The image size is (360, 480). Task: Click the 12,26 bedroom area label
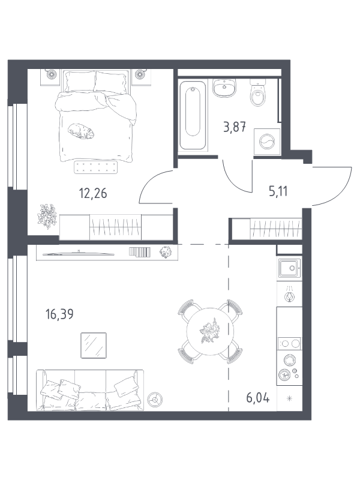pyautogui.click(x=93, y=193)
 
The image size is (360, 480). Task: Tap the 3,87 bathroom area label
pyautogui.click(x=235, y=127)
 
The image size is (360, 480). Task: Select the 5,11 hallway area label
pyautogui.click(x=278, y=191)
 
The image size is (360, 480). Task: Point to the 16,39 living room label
pyautogui.click(x=59, y=314)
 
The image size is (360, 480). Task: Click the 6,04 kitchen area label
pyautogui.click(x=258, y=398)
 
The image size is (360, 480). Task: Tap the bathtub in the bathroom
pyautogui.click(x=193, y=115)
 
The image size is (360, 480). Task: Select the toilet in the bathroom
pyautogui.click(x=257, y=93)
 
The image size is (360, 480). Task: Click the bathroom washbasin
pyautogui.click(x=224, y=88)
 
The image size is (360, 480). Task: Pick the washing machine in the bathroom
pyautogui.click(x=267, y=142)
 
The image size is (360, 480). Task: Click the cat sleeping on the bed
pyautogui.click(x=81, y=131)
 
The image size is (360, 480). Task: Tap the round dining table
pyautogui.click(x=210, y=332)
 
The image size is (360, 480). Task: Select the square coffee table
pyautogui.click(x=94, y=346)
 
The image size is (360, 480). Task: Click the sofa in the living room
pyautogui.click(x=90, y=391)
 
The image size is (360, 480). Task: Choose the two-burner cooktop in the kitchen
pyautogui.click(x=289, y=344)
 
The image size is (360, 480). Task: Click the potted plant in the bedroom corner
pyautogui.click(x=47, y=216)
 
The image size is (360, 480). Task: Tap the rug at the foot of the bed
pyautogui.click(x=96, y=167)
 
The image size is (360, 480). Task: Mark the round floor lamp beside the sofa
pyautogui.click(x=155, y=399)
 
